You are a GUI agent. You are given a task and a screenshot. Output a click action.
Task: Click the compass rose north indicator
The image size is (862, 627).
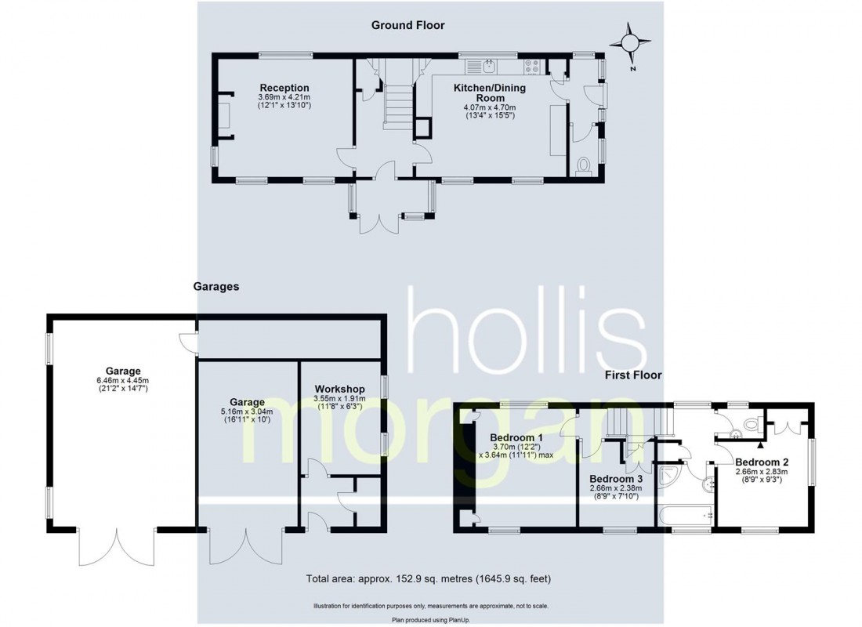tap(632, 43)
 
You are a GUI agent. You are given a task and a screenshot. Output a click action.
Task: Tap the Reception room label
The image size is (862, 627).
tap(284, 88)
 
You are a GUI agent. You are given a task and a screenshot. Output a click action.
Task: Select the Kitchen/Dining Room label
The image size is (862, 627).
tap(490, 93)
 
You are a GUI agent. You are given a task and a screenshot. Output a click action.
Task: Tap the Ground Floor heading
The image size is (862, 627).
tap(407, 25)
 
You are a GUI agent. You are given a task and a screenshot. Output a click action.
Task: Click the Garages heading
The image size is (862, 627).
tap(215, 287)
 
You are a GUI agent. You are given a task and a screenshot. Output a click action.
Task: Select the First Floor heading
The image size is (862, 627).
tap(633, 375)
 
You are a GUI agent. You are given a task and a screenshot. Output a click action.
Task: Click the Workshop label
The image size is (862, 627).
tap(340, 389)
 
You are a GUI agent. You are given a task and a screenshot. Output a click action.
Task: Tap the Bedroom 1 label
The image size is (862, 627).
tap(516, 437)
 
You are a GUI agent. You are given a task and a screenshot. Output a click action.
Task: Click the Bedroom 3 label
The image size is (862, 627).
tap(615, 478)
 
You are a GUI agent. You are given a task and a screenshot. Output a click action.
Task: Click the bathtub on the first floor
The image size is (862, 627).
tap(686, 516)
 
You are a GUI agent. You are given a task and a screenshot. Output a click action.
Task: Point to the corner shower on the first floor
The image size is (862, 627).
tap(670, 476)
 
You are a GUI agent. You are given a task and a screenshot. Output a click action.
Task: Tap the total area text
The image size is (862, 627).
tap(429, 580)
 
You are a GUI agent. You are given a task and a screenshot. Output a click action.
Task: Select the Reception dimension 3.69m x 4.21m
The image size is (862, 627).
tap(284, 97)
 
